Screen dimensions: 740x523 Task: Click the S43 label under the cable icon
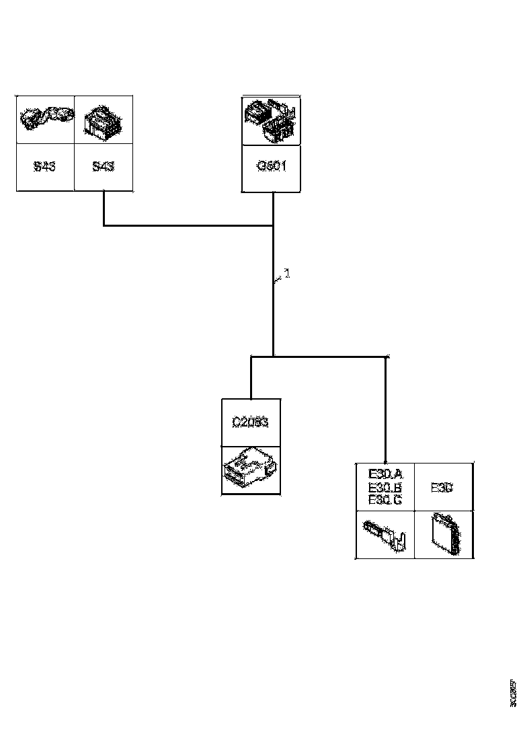tap(45, 166)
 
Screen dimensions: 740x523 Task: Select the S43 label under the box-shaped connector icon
tap(103, 166)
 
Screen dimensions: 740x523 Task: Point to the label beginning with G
tap(272, 166)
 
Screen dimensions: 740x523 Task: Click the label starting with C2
tap(250, 422)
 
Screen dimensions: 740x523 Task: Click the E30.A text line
tap(385, 476)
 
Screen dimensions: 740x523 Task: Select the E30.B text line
tap(385, 488)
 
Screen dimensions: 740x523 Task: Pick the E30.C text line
tap(385, 500)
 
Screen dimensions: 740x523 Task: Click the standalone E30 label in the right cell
tap(442, 488)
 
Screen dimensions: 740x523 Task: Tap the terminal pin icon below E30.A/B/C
tap(385, 534)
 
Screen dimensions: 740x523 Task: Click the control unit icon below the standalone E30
tap(443, 534)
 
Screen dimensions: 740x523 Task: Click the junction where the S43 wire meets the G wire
tap(273, 225)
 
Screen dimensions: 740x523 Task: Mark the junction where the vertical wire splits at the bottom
tap(273, 357)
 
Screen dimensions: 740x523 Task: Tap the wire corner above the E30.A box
tap(385, 357)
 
